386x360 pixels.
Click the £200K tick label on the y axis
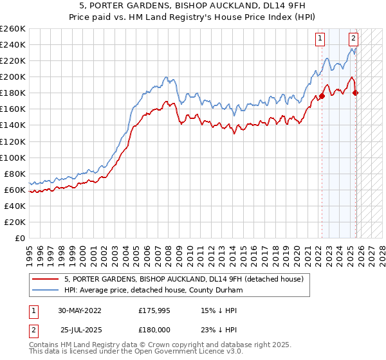pyautogui.click(x=13, y=76)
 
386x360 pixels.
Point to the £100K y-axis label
pyautogui.click(x=13, y=157)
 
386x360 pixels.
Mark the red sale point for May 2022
pyautogui.click(x=322, y=96)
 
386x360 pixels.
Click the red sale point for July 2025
pyautogui.click(x=356, y=93)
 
